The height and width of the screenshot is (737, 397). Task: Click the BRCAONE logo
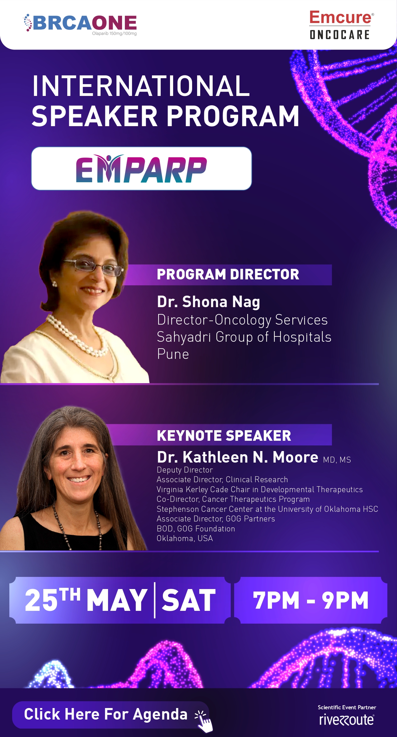pyautogui.click(x=80, y=24)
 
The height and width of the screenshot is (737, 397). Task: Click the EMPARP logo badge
pyautogui.click(x=141, y=169)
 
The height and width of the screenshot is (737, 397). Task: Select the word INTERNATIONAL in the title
pyautogui.click(x=141, y=86)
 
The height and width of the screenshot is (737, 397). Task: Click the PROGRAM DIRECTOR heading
pyautogui.click(x=228, y=274)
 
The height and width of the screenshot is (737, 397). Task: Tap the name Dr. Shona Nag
pyautogui.click(x=208, y=302)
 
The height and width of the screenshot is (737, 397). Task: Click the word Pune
pyautogui.click(x=173, y=354)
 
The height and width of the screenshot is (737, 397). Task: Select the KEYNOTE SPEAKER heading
pyautogui.click(x=224, y=435)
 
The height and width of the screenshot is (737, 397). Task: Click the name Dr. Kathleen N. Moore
pyautogui.click(x=238, y=457)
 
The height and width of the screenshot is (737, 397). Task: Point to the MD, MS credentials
pyautogui.click(x=337, y=460)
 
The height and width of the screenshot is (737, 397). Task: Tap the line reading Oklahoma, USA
pyautogui.click(x=185, y=538)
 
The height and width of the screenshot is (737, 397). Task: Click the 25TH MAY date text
pyautogui.click(x=86, y=600)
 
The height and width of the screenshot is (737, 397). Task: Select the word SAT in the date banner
pyautogui.click(x=189, y=600)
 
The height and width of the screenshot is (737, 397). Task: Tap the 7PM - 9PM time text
pyautogui.click(x=310, y=600)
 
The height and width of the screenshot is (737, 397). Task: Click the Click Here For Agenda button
pyautogui.click(x=111, y=715)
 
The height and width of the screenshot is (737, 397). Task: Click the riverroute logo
pyautogui.click(x=347, y=719)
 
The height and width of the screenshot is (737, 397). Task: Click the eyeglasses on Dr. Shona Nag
pyautogui.click(x=93, y=267)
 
